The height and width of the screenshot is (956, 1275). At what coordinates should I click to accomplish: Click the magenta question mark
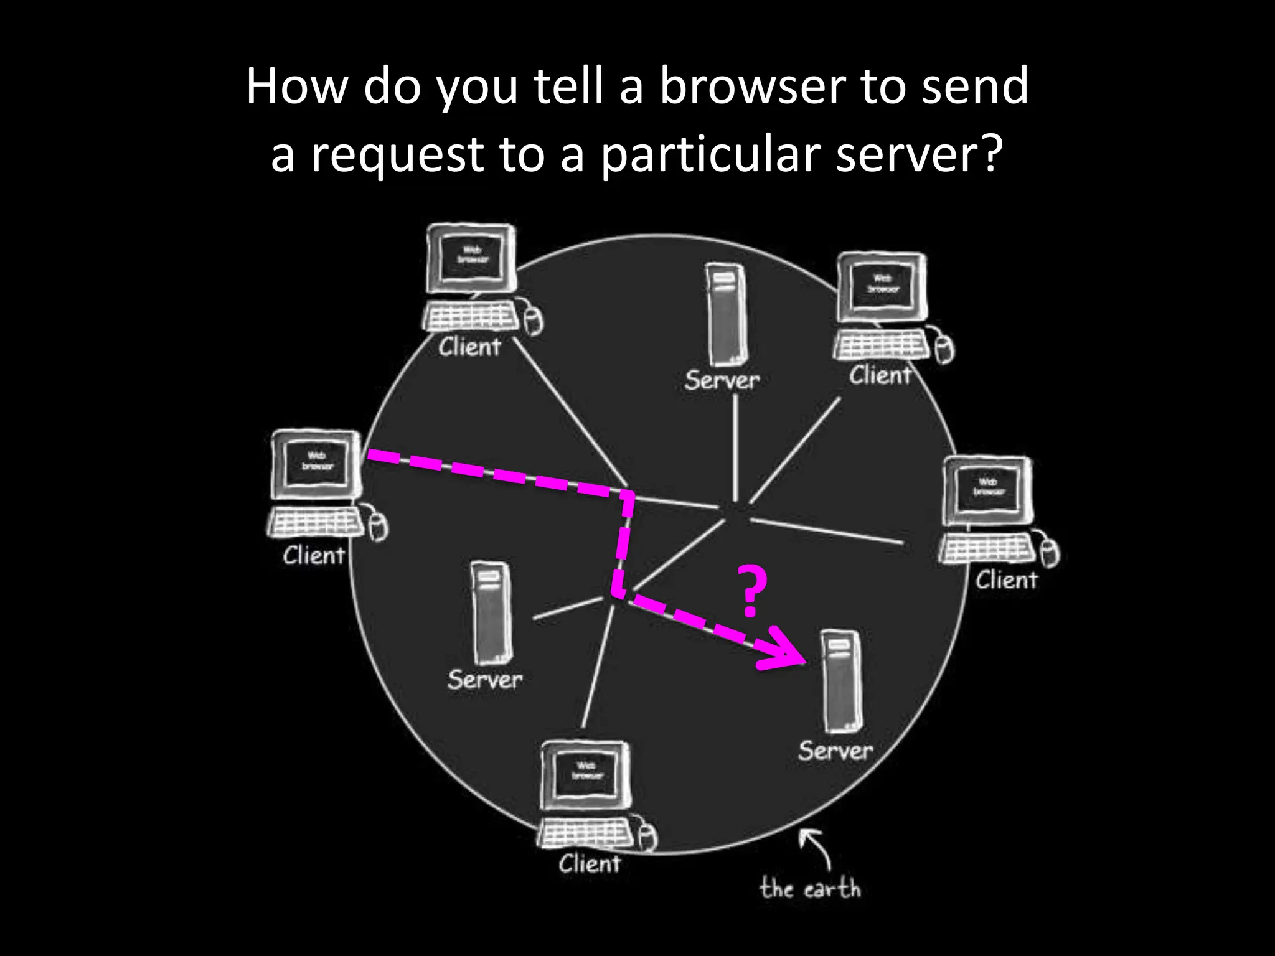(751, 590)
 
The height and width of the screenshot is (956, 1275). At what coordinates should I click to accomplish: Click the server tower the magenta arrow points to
(842, 682)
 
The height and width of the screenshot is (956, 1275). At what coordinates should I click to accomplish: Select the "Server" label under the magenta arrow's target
(835, 751)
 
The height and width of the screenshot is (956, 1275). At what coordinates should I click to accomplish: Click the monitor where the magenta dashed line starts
(316, 463)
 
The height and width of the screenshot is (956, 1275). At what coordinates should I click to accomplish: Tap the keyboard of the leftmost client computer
(316, 522)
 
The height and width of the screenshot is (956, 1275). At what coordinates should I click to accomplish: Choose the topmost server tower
(725, 314)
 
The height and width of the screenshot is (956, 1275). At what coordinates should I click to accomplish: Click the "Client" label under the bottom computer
(589, 865)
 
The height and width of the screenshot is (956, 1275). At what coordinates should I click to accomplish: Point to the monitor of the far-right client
(988, 489)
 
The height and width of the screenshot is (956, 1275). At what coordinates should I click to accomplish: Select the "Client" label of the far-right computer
(1006, 581)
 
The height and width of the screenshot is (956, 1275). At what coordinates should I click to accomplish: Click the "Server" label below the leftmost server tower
(485, 680)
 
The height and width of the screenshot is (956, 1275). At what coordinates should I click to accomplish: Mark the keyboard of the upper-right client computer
(882, 344)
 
